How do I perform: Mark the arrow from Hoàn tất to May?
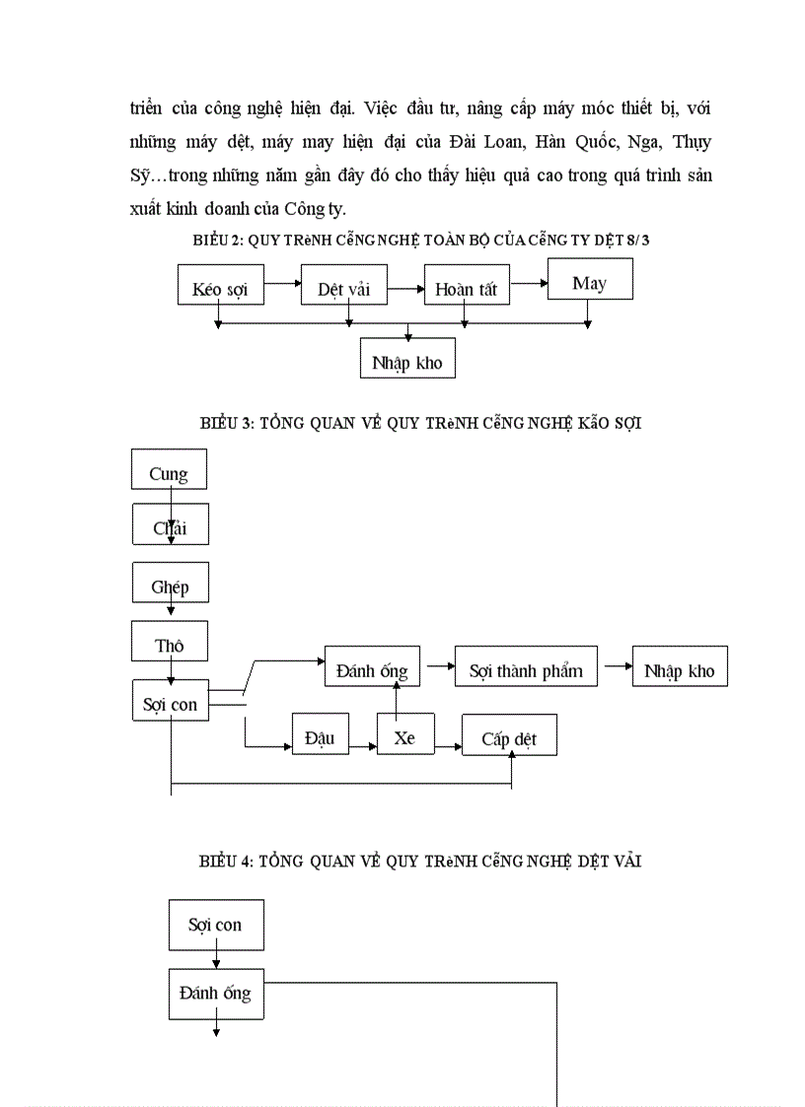[x=529, y=283]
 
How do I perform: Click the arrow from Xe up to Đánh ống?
[x=397, y=700]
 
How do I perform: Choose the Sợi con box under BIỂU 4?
[x=216, y=925]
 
